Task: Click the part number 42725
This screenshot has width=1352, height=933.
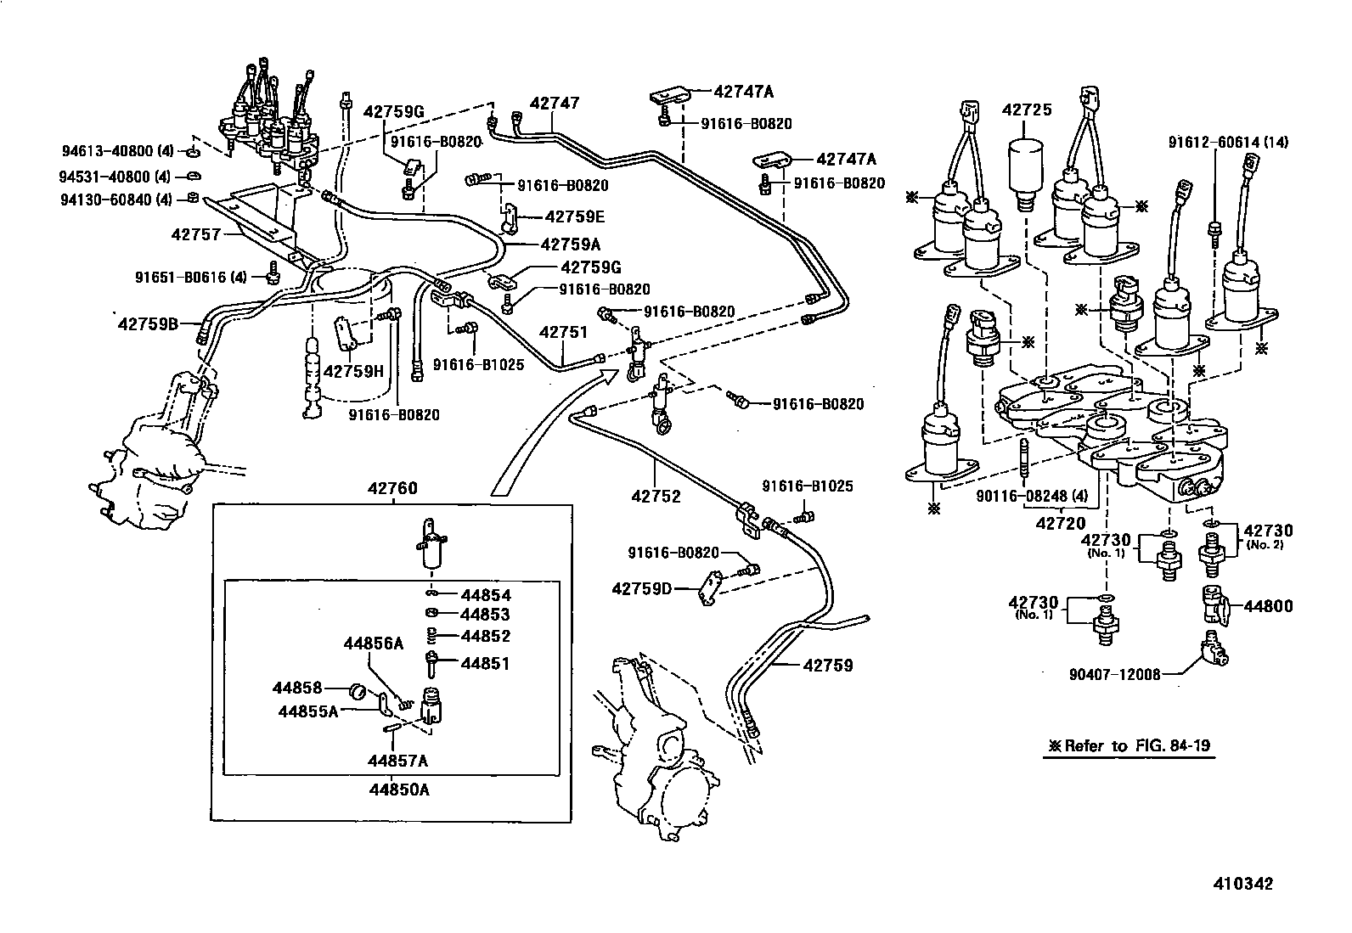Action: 1026,110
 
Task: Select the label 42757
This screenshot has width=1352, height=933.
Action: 195,233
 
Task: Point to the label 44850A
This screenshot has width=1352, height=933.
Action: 398,789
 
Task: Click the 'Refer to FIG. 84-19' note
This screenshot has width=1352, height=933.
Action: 1129,746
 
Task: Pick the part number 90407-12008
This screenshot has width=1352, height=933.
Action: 1114,674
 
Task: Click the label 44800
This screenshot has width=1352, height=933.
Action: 1268,606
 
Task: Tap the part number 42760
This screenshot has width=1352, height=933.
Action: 392,488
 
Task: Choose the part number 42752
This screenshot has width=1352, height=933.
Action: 656,496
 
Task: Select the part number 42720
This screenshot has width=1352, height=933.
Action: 1061,524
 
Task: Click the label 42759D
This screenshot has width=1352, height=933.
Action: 642,588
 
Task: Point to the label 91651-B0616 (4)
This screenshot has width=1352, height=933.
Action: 190,277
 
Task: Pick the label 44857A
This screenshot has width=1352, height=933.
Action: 397,760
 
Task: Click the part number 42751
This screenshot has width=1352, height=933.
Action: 564,333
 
